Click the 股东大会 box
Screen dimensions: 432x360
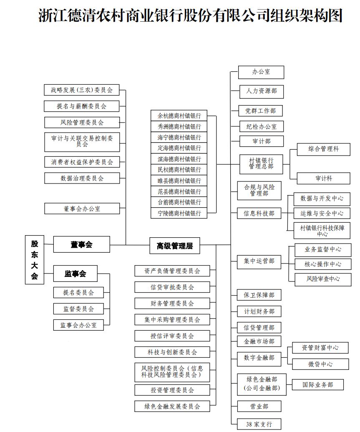(34, 259)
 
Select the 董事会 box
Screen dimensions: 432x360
(81, 244)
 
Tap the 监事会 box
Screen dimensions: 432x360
(75, 274)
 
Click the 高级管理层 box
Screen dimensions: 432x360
(175, 246)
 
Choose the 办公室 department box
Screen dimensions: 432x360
(261, 72)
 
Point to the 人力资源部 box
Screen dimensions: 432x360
(261, 90)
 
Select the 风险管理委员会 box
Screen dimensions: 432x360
(82, 122)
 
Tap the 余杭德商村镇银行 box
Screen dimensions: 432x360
(179, 116)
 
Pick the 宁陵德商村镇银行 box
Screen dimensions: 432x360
(179, 213)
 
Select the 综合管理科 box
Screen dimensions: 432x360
(323, 149)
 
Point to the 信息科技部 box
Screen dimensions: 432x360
(259, 213)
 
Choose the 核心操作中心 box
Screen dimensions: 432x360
(323, 264)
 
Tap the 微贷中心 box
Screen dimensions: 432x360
(320, 364)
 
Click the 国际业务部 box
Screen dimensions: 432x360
(317, 384)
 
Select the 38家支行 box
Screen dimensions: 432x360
(259, 424)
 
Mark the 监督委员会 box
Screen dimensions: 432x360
(78, 309)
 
